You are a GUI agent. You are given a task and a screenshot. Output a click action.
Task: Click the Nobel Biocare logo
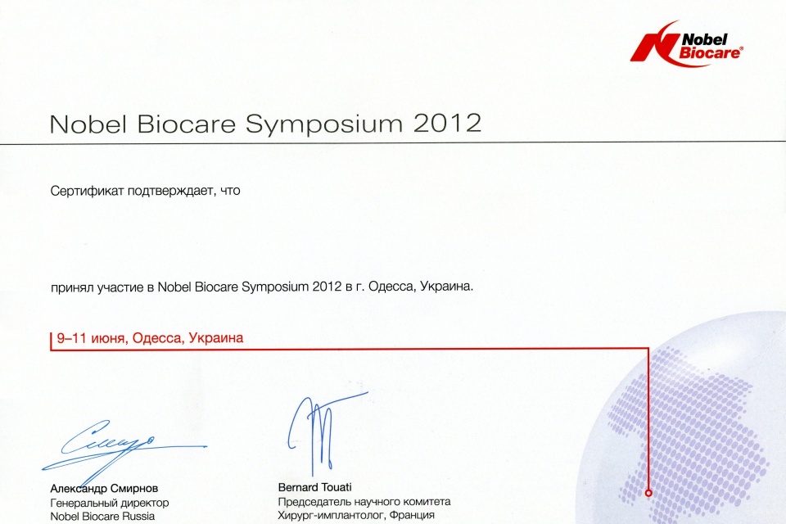pyautogui.click(x=686, y=43)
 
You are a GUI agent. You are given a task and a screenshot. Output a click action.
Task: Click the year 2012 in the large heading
pyautogui.click(x=447, y=124)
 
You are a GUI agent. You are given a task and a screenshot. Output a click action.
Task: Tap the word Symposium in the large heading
pyautogui.click(x=324, y=124)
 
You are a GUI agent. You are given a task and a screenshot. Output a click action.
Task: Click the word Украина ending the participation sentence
pyautogui.click(x=446, y=287)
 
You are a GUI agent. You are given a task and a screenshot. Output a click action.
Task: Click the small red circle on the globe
pyautogui.click(x=648, y=493)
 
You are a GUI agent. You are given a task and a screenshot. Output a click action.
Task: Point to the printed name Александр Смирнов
pyautogui.click(x=104, y=488)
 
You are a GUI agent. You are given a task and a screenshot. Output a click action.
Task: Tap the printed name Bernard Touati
pyautogui.click(x=314, y=487)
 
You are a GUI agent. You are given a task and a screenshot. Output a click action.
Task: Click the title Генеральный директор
pyautogui.click(x=109, y=503)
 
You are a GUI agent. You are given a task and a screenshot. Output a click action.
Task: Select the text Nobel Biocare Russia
pyautogui.click(x=102, y=516)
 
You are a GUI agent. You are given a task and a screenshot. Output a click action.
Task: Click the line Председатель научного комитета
pyautogui.click(x=364, y=501)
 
